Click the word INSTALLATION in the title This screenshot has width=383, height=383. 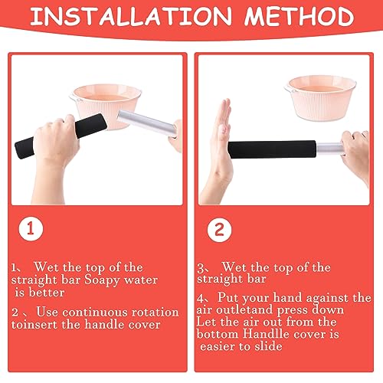pos(131,16)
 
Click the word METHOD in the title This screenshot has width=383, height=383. pos(300,16)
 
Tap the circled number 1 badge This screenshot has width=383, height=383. pos(31,228)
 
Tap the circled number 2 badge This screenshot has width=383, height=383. pos(219,230)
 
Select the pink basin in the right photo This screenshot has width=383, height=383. pos(321,98)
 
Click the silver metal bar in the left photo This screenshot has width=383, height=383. pos(147,123)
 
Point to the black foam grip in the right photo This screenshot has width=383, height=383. pos(272,149)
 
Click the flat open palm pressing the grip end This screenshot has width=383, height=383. pos(221,143)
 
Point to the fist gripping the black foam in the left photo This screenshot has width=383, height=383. pos(57,138)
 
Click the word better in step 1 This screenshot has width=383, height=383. pos(46,293)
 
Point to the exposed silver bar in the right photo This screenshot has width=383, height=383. pos(330,149)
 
